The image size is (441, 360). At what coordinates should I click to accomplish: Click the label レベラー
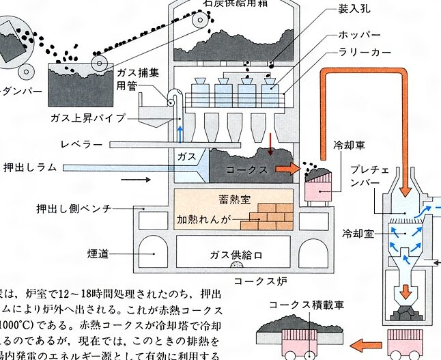pyautogui.click(x=81, y=146)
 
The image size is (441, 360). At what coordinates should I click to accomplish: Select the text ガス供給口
pyautogui.click(x=231, y=253)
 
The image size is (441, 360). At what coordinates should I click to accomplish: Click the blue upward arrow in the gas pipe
pyautogui.click(x=180, y=132)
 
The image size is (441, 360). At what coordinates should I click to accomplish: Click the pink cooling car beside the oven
pyautogui.click(x=319, y=186)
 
